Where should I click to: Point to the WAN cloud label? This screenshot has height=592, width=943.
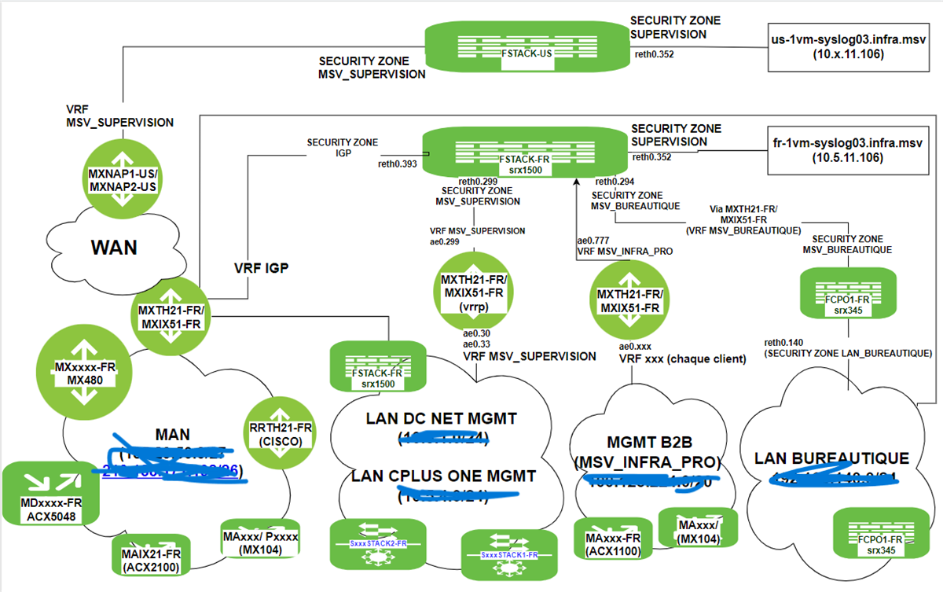tap(114, 247)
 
